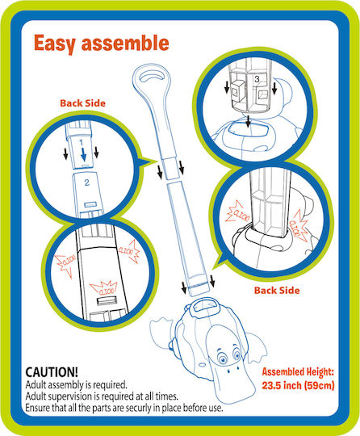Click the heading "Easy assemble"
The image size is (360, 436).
[102, 44]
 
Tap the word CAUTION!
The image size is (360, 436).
[52, 372]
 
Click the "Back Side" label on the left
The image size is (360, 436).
[83, 103]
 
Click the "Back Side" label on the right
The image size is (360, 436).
[277, 291]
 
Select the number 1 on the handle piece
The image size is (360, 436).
[81, 143]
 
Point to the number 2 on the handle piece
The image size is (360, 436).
[87, 182]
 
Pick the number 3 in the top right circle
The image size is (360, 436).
[257, 79]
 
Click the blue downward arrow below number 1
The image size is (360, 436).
[83, 155]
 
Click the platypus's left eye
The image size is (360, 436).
[222, 358]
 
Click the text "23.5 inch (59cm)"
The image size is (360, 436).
[298, 385]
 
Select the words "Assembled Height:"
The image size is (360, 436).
[298, 371]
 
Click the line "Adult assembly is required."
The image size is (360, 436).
[76, 385]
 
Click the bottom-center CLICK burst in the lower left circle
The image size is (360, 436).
[104, 289]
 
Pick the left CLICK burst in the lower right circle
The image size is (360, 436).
[237, 212]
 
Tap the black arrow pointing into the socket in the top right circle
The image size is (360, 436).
[249, 121]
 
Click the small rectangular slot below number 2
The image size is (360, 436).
[91, 204]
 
